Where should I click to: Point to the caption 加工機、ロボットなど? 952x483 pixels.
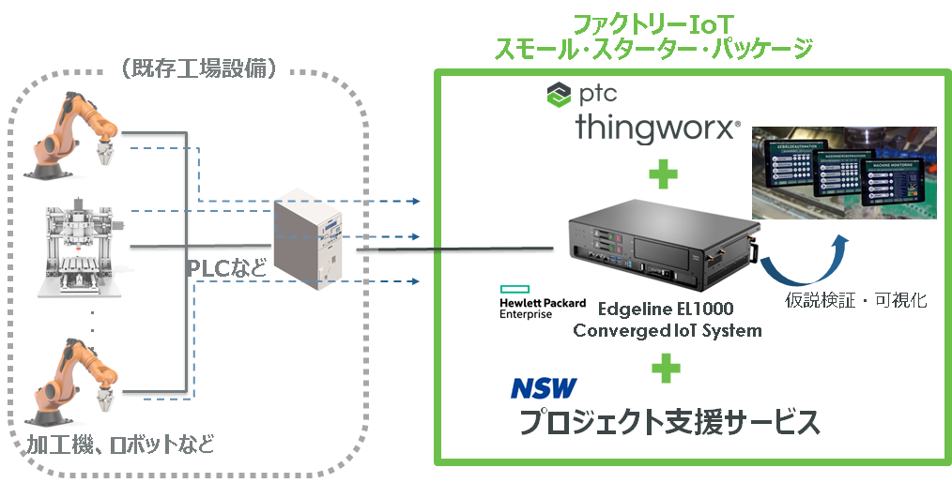118,443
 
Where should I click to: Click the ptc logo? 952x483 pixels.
582,93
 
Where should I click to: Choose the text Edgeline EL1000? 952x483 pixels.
653,309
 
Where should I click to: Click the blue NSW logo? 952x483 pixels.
544,388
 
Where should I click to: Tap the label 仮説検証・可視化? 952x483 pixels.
856,301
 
